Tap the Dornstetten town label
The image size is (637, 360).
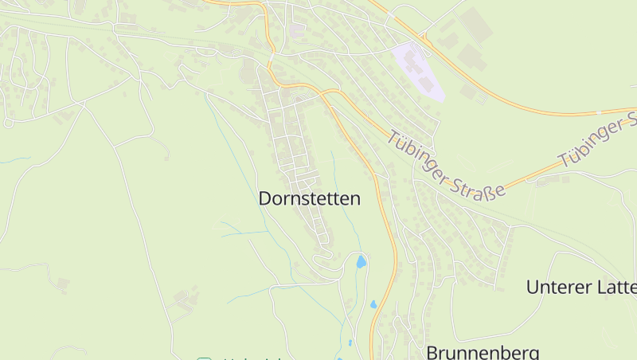tap(309, 199)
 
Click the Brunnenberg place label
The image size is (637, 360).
tap(483, 351)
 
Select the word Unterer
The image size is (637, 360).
tap(557, 288)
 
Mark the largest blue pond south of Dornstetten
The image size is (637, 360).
tap(361, 261)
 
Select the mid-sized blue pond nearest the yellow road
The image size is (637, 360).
tap(373, 303)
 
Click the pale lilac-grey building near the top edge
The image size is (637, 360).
tap(297, 29)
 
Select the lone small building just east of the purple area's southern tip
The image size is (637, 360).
tap(468, 92)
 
